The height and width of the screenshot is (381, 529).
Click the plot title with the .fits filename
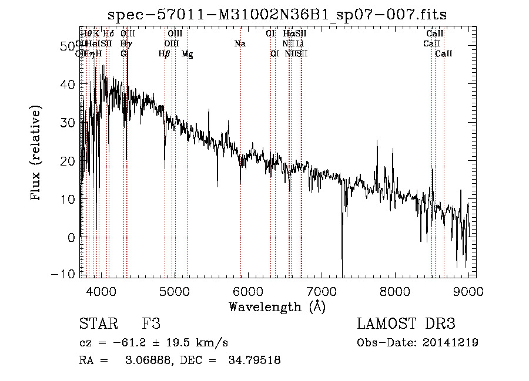pos(282,14)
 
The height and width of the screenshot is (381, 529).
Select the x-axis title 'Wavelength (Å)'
pos(277,306)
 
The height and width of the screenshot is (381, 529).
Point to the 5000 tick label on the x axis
pos(174,291)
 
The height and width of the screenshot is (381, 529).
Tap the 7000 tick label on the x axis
pos(321,291)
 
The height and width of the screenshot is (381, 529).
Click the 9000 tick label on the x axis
pos(468,291)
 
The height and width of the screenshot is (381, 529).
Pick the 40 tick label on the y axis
pos(68,84)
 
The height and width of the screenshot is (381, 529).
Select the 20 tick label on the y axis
pos(68,160)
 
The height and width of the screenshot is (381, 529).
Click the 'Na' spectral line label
pos(240,44)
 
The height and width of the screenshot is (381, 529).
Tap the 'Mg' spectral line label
pos(188,54)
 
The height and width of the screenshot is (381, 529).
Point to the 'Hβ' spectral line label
pos(165,54)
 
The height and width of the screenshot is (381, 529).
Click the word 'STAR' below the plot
pos(98,324)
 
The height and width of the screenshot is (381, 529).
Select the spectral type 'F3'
pos(151,324)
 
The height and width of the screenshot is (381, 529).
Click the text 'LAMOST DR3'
pos(406,324)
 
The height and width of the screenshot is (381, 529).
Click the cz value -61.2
pos(127,343)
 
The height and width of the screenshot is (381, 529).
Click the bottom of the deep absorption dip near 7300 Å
pos(342,274)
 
